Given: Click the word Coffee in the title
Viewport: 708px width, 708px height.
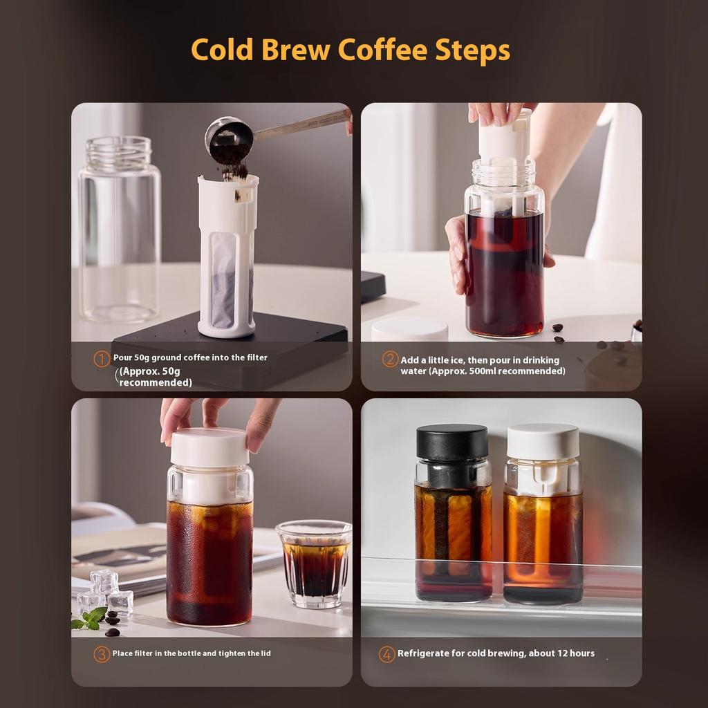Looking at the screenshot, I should [x=380, y=50].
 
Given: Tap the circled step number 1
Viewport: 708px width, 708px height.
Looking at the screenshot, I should [x=102, y=358].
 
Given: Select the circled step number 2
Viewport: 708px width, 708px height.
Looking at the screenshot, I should [x=390, y=360].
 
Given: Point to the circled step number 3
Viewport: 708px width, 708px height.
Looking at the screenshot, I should [x=102, y=654].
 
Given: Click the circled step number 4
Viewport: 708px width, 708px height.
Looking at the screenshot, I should [x=387, y=654].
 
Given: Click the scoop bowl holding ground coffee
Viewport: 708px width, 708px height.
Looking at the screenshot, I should [x=228, y=138].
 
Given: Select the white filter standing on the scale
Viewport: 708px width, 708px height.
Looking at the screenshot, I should [x=227, y=256].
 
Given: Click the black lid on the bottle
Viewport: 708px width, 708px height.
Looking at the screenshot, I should [x=451, y=442].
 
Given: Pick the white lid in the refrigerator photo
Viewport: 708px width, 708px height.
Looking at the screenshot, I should [x=543, y=441].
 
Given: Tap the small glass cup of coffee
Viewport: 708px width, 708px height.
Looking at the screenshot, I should [x=313, y=563].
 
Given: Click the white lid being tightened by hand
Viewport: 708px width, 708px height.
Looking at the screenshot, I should [x=209, y=447].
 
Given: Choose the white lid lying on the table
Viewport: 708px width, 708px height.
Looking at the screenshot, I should [x=409, y=330].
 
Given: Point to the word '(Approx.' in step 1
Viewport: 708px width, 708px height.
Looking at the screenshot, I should [x=138, y=371].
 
